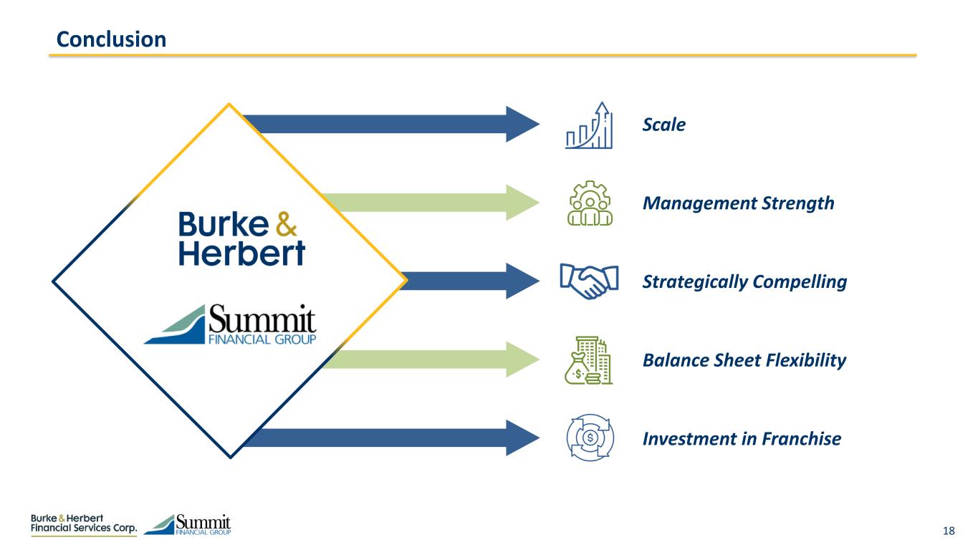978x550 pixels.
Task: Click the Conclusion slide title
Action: pos(111,39)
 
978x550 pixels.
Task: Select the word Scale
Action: pos(663,125)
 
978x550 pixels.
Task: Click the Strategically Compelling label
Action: pos(744,282)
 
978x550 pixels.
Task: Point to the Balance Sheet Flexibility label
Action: pos(744,360)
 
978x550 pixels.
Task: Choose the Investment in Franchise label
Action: pos(742,439)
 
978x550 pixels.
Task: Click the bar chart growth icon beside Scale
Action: pos(589,125)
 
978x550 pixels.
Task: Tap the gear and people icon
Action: pos(590,203)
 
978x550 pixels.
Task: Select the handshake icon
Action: pos(589,281)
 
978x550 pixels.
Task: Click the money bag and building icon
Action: pos(588,360)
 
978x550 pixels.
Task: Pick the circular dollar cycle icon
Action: pos(590,438)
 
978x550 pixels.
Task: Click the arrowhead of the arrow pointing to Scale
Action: pos(522,124)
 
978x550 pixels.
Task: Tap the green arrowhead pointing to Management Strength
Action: pos(522,203)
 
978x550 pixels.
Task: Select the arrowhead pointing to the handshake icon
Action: pos(522,281)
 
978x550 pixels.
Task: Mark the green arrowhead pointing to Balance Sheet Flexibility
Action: pos(522,360)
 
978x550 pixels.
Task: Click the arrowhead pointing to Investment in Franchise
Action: pos(522,438)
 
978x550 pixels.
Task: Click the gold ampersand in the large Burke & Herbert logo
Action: pos(287,224)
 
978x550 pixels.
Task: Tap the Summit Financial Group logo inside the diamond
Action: pos(230,324)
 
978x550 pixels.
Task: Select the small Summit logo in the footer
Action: pos(187,524)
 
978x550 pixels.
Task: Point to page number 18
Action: pos(949,531)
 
